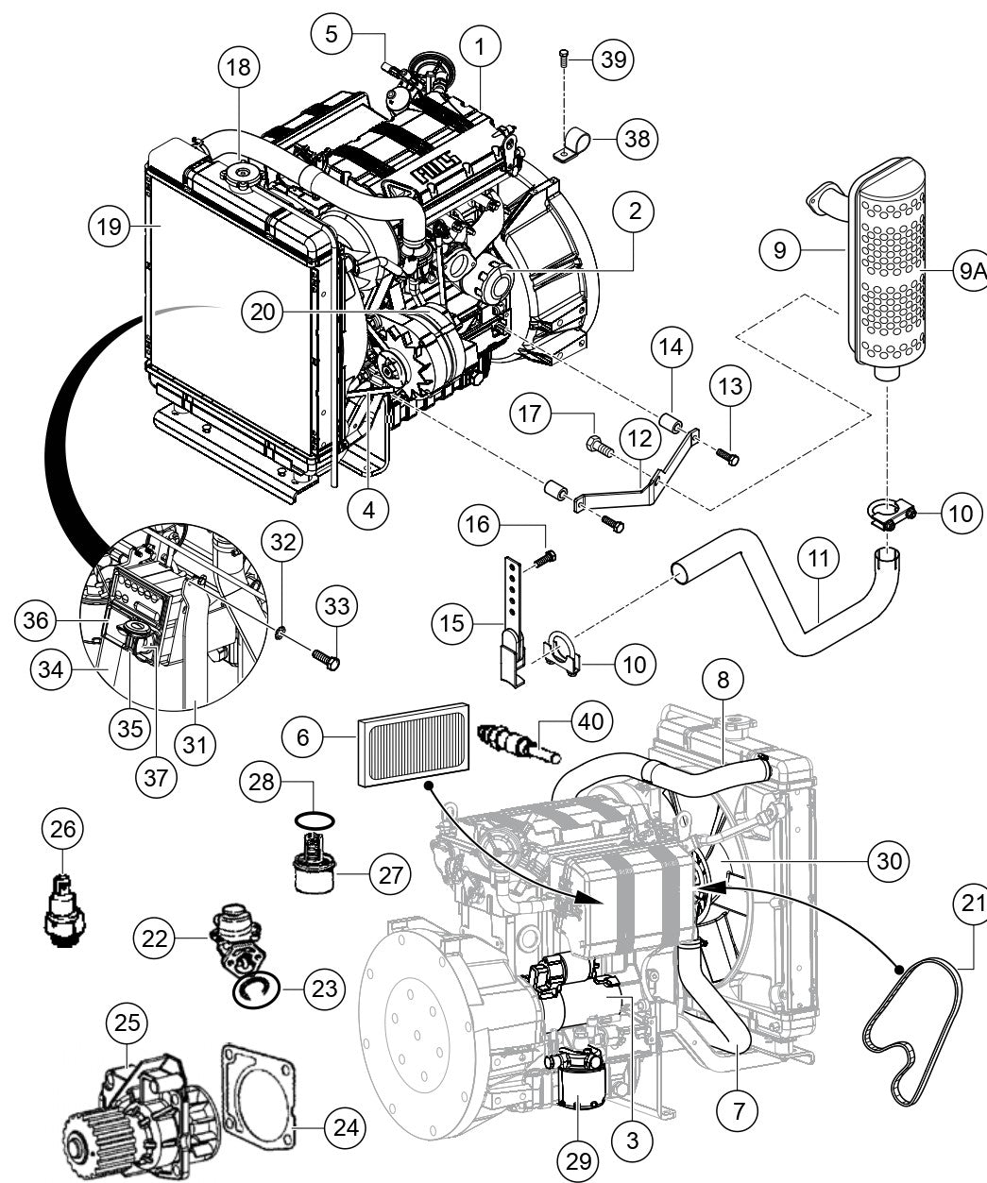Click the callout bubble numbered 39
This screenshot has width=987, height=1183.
coord(614,59)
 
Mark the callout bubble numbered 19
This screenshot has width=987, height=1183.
coord(109,226)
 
